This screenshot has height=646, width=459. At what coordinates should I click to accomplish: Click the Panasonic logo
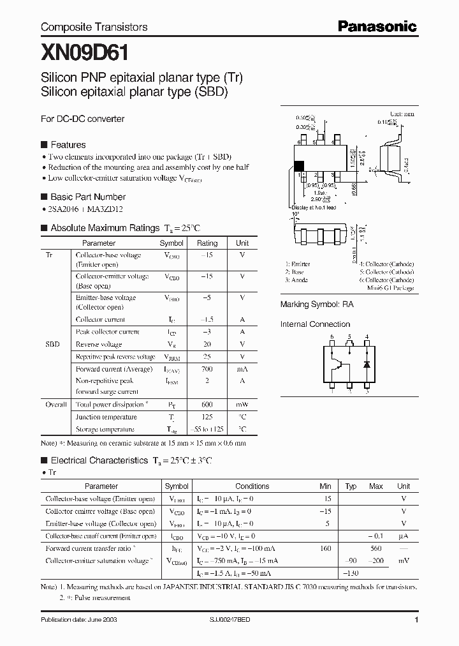tap(377, 26)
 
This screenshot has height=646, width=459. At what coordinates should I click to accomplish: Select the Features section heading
tap(68, 145)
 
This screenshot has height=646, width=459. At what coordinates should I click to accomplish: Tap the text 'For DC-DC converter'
tap(82, 119)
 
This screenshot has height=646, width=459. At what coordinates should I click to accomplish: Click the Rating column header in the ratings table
tap(207, 243)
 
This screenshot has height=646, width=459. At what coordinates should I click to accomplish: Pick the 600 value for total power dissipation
tap(207, 405)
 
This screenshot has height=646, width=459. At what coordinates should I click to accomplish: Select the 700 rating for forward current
tap(207, 369)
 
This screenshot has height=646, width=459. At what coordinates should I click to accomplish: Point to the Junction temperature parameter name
tap(105, 417)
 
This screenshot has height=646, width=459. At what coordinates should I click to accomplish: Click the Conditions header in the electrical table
tap(252, 486)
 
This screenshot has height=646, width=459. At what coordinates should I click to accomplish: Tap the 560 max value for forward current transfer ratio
tap(376, 548)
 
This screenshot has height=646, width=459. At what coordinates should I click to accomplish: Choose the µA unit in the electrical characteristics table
tap(404, 536)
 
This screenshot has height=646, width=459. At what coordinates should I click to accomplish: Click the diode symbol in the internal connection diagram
tap(366, 364)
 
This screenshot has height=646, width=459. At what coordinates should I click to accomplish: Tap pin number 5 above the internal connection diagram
tap(349, 336)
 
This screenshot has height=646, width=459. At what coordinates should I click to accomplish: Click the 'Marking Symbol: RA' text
tap(317, 305)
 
